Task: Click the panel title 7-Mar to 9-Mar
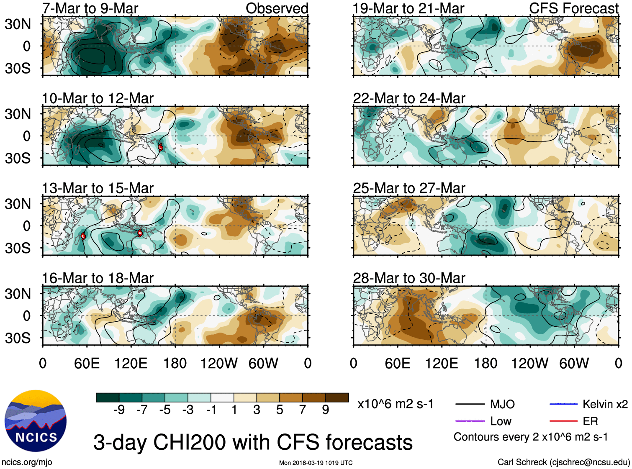(90, 8)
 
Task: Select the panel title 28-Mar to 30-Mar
(409, 278)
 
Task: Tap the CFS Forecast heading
(573, 8)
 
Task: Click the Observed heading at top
(277, 8)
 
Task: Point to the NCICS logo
(36, 421)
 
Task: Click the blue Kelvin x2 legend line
(563, 404)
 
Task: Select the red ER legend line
(563, 421)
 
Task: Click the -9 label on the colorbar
(119, 410)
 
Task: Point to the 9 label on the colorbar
(325, 410)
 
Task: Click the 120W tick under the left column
(219, 363)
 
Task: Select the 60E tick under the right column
(398, 363)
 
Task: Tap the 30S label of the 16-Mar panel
(18, 338)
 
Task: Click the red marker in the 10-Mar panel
(160, 147)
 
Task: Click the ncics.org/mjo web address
(27, 462)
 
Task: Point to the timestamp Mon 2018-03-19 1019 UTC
(316, 463)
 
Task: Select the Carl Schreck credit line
(563, 462)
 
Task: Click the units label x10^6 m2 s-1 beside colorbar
(395, 404)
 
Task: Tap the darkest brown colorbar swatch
(337, 397)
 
